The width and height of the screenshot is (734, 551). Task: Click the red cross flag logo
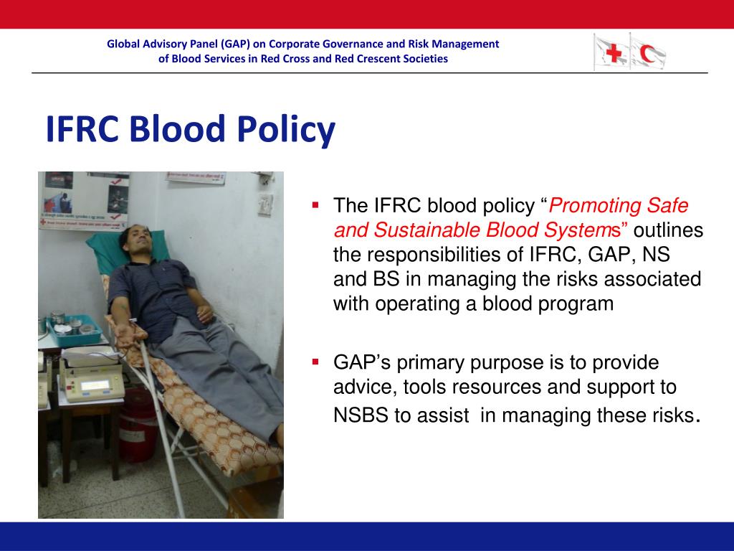[x=611, y=52]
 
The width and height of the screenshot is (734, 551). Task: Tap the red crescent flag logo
[x=648, y=53]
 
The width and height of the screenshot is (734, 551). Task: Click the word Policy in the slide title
[x=286, y=129]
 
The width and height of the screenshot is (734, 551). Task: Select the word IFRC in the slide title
[x=82, y=128]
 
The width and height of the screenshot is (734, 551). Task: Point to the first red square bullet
[x=315, y=204]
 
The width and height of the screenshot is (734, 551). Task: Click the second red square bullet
[x=315, y=362]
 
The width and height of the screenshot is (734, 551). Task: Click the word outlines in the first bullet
[x=669, y=230]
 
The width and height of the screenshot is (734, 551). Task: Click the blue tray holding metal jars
[x=74, y=331]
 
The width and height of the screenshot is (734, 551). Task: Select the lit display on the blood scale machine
[x=96, y=385]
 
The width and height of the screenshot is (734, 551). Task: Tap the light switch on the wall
[x=265, y=204]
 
